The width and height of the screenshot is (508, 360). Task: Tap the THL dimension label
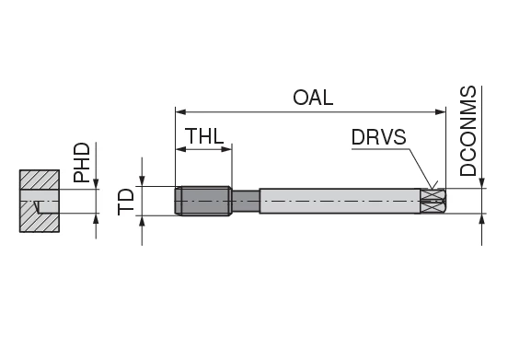tap(203, 135)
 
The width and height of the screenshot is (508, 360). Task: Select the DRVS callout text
tap(377, 138)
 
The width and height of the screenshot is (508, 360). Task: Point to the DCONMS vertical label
tap(468, 131)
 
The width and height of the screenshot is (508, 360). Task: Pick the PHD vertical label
tap(83, 162)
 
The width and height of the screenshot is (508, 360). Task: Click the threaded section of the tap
tap(203, 202)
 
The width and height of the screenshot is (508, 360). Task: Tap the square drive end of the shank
tap(434, 202)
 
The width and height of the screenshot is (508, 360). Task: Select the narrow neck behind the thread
tap(245, 202)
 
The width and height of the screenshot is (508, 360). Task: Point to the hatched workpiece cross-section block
tap(40, 184)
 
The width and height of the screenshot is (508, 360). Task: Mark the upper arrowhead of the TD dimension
tap(143, 181)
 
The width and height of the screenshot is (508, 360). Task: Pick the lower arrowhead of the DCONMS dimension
tap(480, 221)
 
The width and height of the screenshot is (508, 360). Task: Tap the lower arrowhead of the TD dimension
tap(143, 222)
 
